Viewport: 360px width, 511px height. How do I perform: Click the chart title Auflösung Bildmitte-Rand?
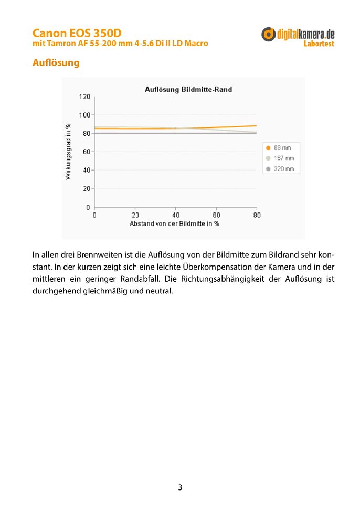(x=188, y=90)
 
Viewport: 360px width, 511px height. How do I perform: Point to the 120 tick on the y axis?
(x=85, y=97)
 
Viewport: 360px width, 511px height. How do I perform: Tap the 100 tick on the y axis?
(x=85, y=115)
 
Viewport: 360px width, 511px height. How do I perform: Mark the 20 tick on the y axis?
(x=87, y=188)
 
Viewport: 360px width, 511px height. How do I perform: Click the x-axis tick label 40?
(x=176, y=215)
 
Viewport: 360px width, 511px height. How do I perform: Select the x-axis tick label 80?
(x=257, y=215)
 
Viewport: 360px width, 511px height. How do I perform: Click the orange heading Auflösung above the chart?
(x=56, y=63)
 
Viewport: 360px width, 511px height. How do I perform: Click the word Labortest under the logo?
(x=319, y=44)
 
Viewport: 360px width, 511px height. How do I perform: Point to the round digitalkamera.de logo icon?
(x=269, y=35)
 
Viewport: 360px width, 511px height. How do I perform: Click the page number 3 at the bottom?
(x=180, y=487)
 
